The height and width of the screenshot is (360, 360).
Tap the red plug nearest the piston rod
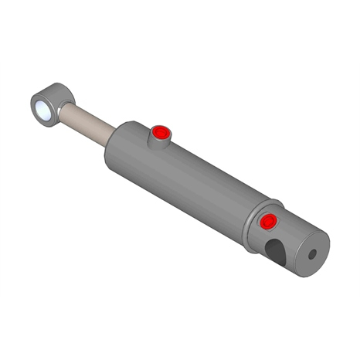click(x=160, y=132)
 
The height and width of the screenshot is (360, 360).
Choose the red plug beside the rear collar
click(x=268, y=222)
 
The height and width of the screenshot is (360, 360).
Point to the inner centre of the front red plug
click(x=160, y=132)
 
